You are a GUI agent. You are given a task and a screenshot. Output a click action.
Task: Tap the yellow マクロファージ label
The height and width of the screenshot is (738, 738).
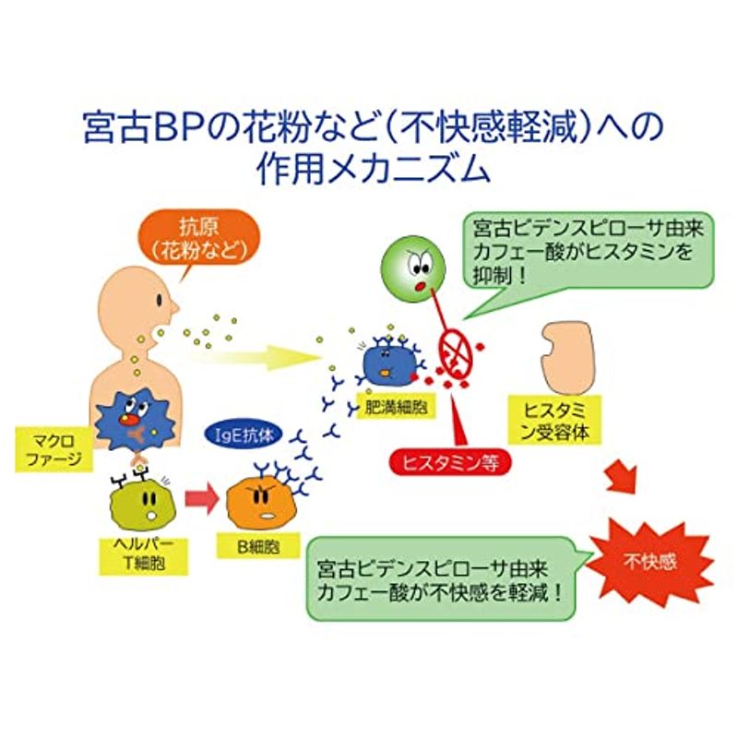pos(54,449)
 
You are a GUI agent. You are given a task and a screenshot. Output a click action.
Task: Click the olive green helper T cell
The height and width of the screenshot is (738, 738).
pos(142,505)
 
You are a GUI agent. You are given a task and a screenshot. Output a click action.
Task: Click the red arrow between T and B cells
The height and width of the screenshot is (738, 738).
pos(201,498)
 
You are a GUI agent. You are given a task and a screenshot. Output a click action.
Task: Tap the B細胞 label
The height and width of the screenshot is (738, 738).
pos(258,545)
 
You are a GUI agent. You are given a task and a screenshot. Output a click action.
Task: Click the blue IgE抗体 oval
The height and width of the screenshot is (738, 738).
pos(244,435)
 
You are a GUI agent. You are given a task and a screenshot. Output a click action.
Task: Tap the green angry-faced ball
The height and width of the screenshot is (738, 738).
pos(412,268)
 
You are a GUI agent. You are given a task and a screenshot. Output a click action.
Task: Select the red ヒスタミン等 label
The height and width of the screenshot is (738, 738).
pos(450,463)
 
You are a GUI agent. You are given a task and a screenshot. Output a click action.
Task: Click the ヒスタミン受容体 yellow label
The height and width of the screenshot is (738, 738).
pos(555,421)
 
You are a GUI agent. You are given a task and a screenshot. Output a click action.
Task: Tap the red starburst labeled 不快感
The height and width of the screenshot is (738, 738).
pos(650,562)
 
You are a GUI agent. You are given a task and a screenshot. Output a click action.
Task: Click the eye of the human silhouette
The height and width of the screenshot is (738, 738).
pos(161,300)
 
